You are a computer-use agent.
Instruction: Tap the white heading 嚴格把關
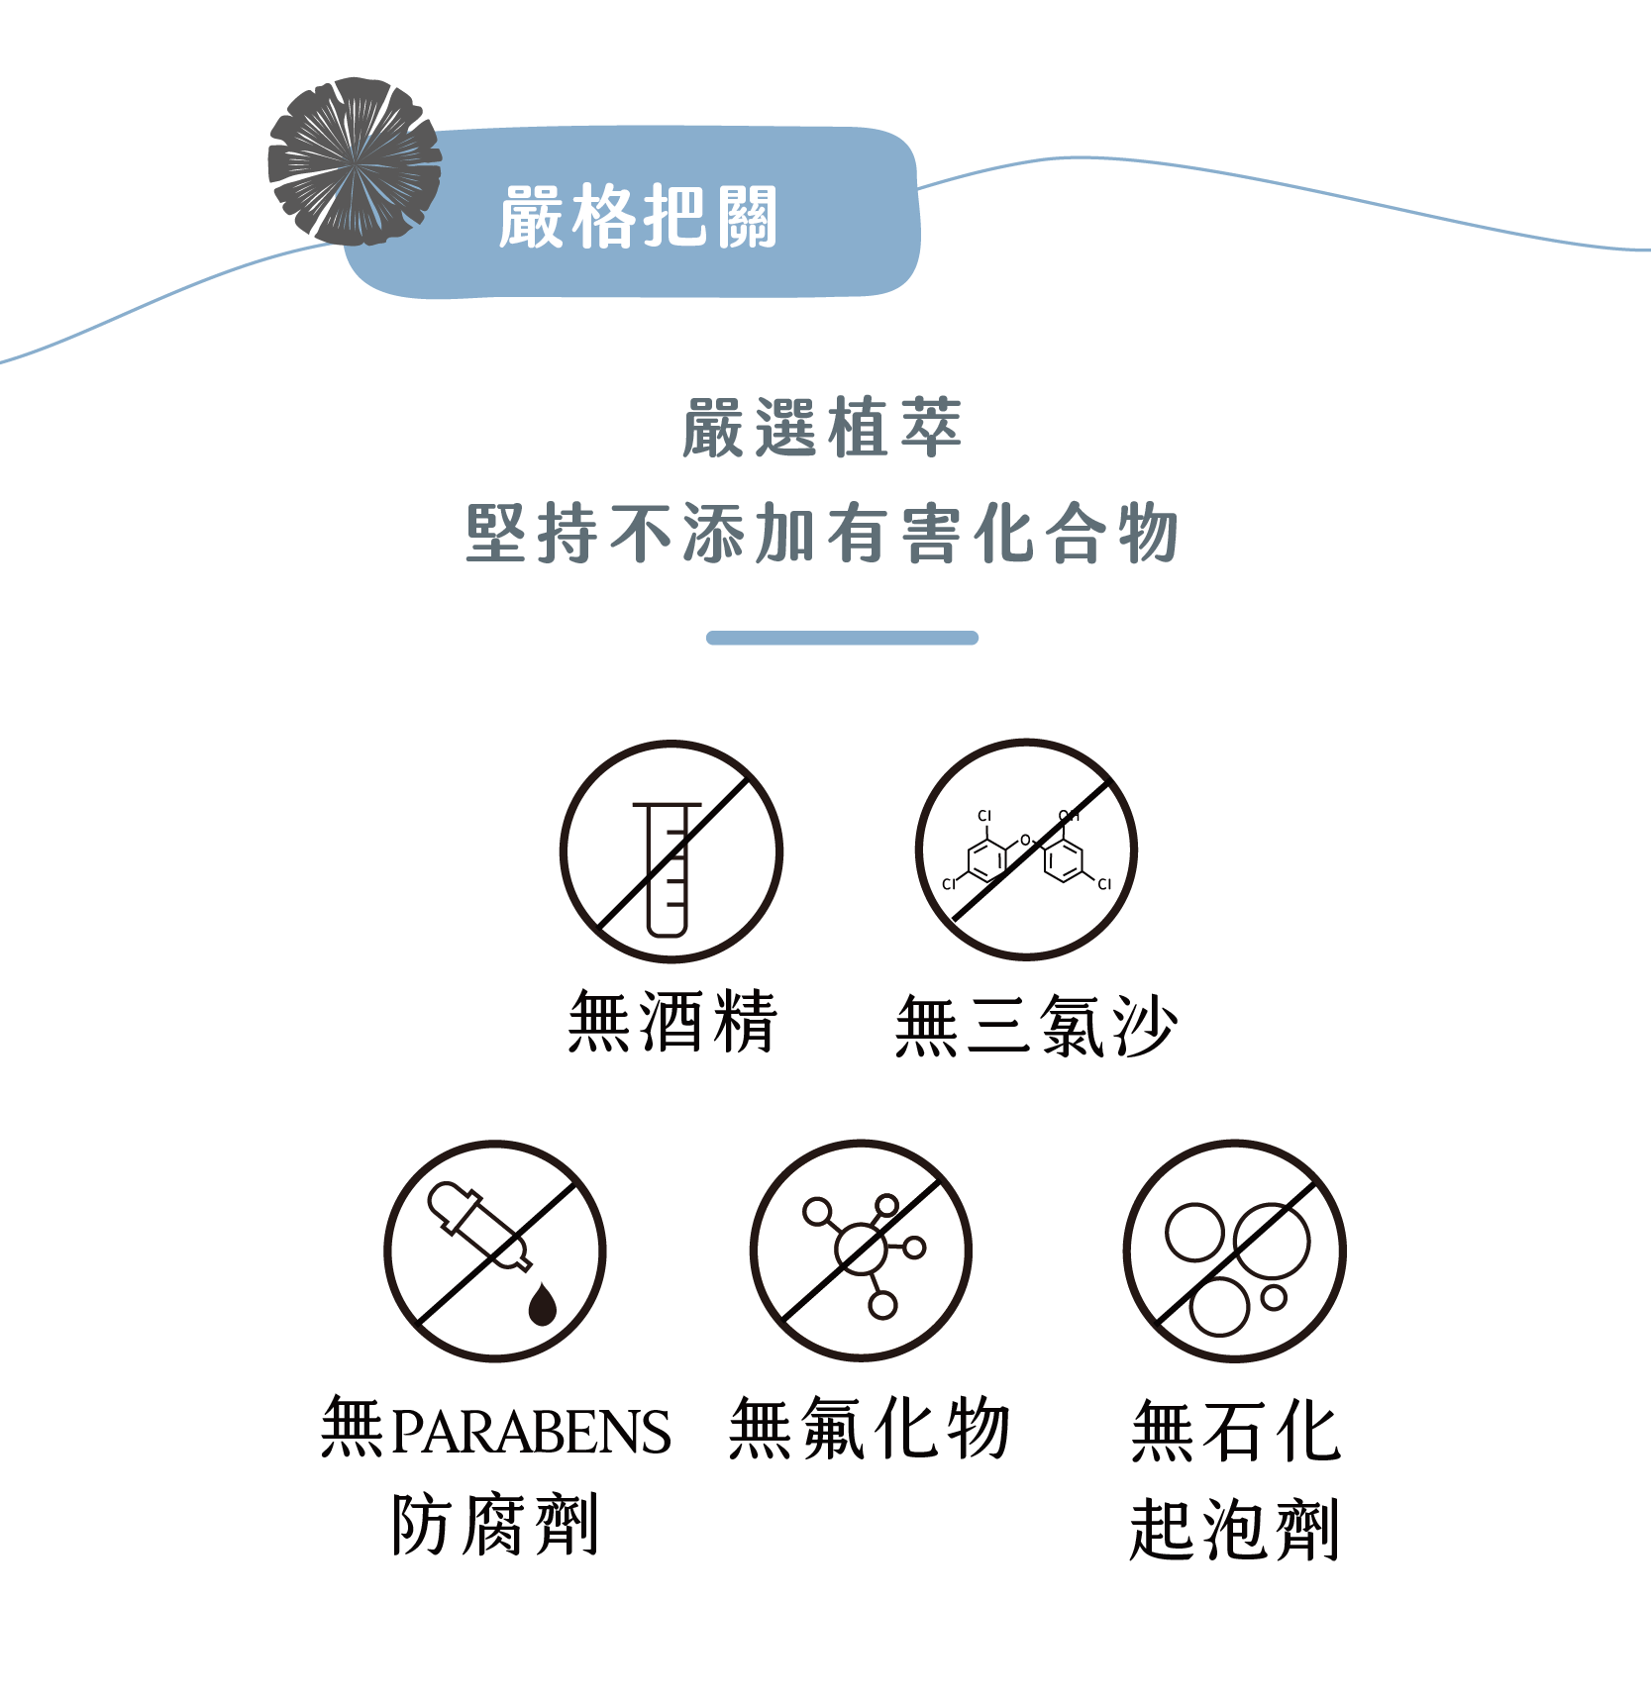tap(638, 216)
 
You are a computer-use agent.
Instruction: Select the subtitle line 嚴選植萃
tap(822, 428)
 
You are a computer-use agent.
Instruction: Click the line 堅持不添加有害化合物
tap(822, 534)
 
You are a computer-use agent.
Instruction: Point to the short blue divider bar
tap(842, 638)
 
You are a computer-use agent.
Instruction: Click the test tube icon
tap(668, 867)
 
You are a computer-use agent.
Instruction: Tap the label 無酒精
tap(672, 1021)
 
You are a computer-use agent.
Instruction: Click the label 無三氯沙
tap(1035, 1025)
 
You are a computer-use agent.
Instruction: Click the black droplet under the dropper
tap(542, 1304)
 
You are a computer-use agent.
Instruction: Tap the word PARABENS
tap(531, 1432)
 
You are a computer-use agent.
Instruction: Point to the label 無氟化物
tap(869, 1429)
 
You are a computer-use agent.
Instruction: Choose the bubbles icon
tap(1234, 1252)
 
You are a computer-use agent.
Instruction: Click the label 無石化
tap(1235, 1431)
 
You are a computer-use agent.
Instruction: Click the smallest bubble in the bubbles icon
tap(1274, 1297)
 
